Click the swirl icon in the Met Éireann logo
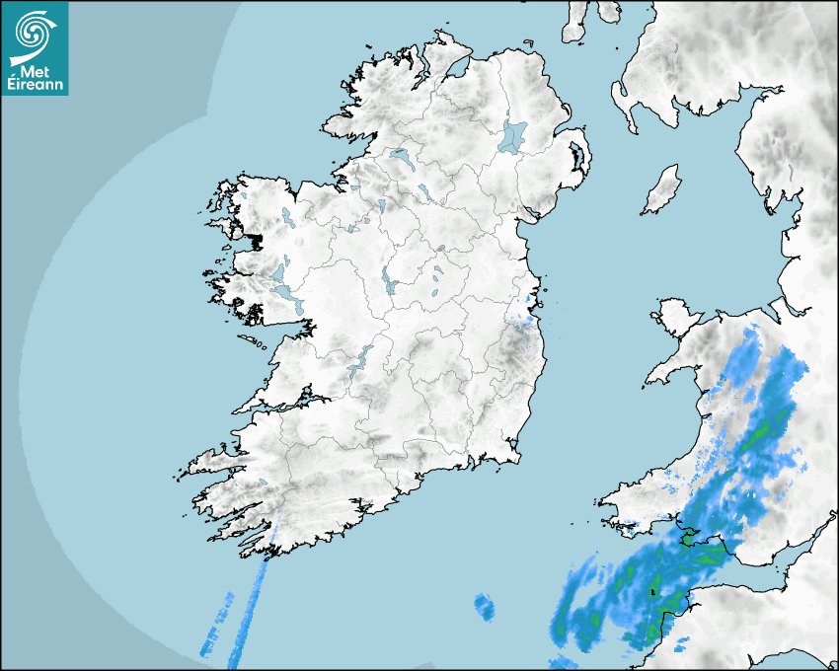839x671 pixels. [x=33, y=34]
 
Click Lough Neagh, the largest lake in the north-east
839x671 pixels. [x=513, y=135]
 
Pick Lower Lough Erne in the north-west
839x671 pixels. [x=401, y=157]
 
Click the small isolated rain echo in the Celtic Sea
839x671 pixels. [x=483, y=605]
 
